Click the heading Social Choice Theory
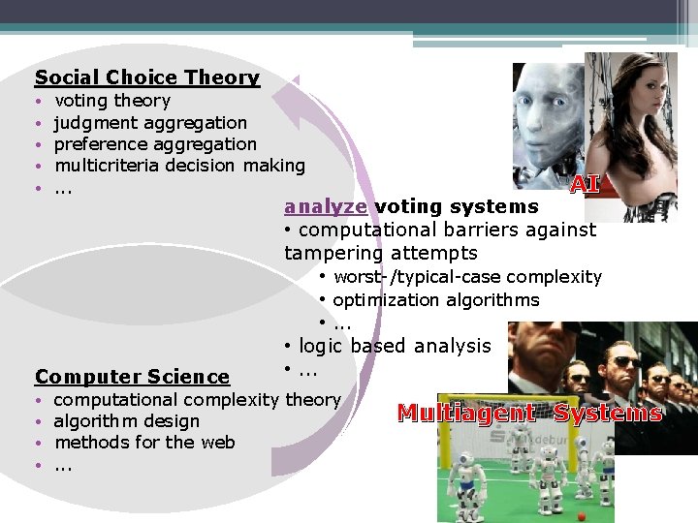click(x=147, y=77)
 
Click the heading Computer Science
click(x=132, y=377)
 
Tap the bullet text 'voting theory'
click(x=112, y=101)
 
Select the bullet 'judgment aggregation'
click(x=150, y=123)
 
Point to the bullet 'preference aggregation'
click(x=155, y=144)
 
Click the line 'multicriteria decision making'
click(x=179, y=166)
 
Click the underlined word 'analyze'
click(x=326, y=206)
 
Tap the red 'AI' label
click(x=584, y=184)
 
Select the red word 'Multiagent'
click(x=466, y=414)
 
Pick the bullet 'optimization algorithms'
click(x=435, y=300)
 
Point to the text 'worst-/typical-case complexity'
click(x=467, y=277)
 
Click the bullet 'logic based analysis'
click(x=395, y=346)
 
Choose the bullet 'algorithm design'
click(x=127, y=421)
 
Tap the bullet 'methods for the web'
click(x=144, y=443)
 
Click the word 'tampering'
click(x=329, y=253)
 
